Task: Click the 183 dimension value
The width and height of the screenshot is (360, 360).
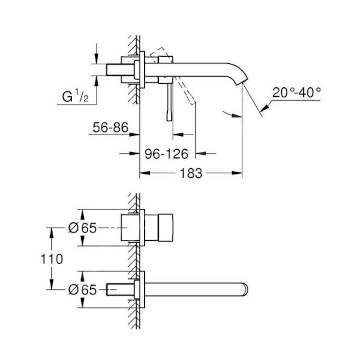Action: tap(191, 173)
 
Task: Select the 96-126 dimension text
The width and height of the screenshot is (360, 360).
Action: tap(166, 154)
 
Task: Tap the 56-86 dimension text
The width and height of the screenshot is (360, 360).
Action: tap(110, 128)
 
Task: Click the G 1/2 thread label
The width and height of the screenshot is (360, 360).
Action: tap(75, 97)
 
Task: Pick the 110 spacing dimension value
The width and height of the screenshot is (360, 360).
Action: tap(52, 259)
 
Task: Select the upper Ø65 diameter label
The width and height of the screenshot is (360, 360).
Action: tap(82, 228)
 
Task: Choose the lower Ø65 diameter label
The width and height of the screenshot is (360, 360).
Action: tap(82, 289)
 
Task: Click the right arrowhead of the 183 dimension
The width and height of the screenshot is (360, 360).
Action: tap(238, 173)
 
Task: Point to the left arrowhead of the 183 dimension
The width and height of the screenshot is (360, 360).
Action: tap(144, 173)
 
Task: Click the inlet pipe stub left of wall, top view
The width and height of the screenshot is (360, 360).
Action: tap(114, 70)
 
